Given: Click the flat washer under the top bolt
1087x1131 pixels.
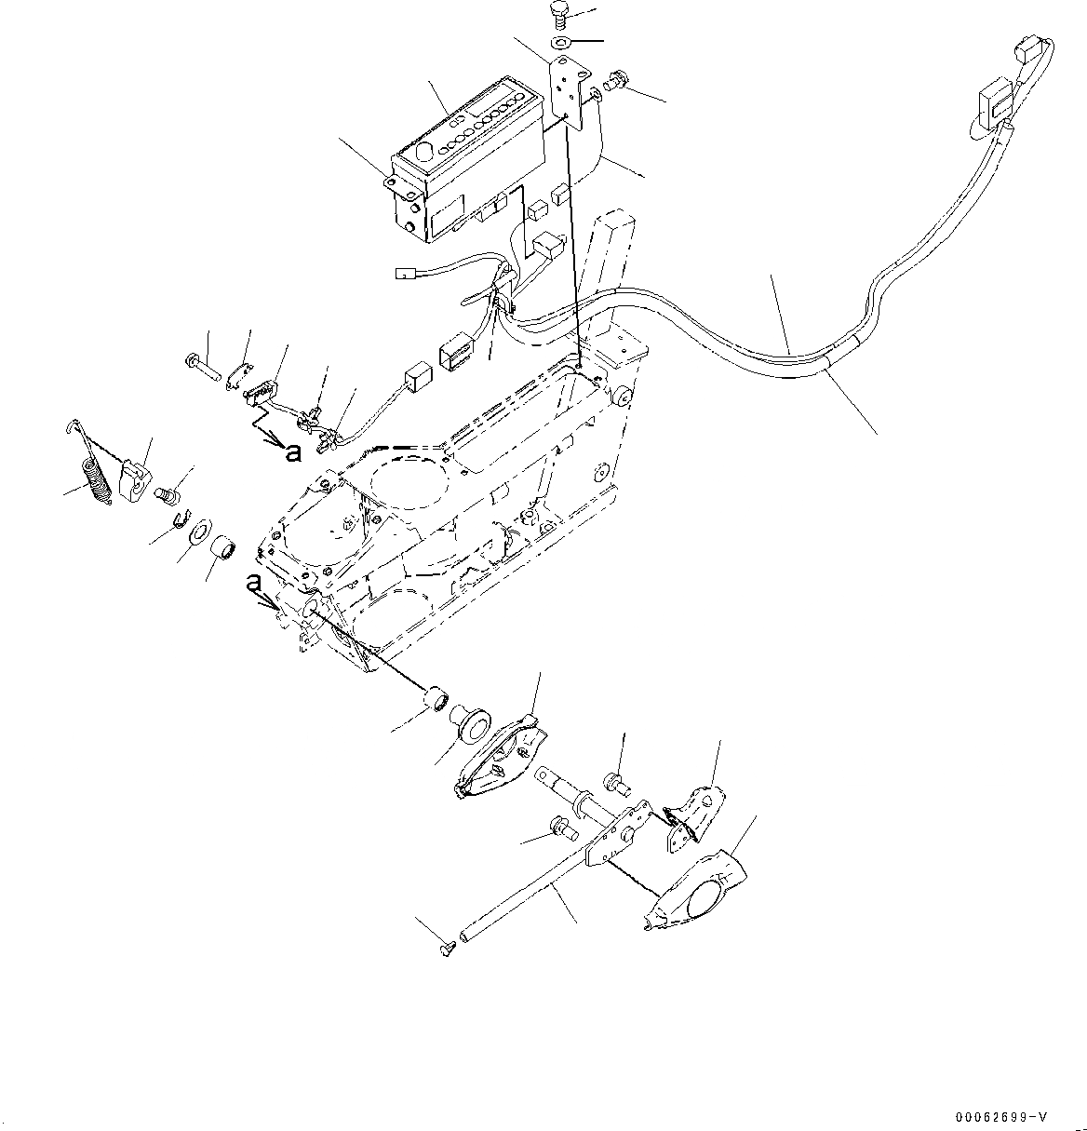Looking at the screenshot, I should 561,43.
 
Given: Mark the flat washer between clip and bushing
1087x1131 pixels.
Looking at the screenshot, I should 198,535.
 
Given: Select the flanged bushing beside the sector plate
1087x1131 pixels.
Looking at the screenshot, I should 470,723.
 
